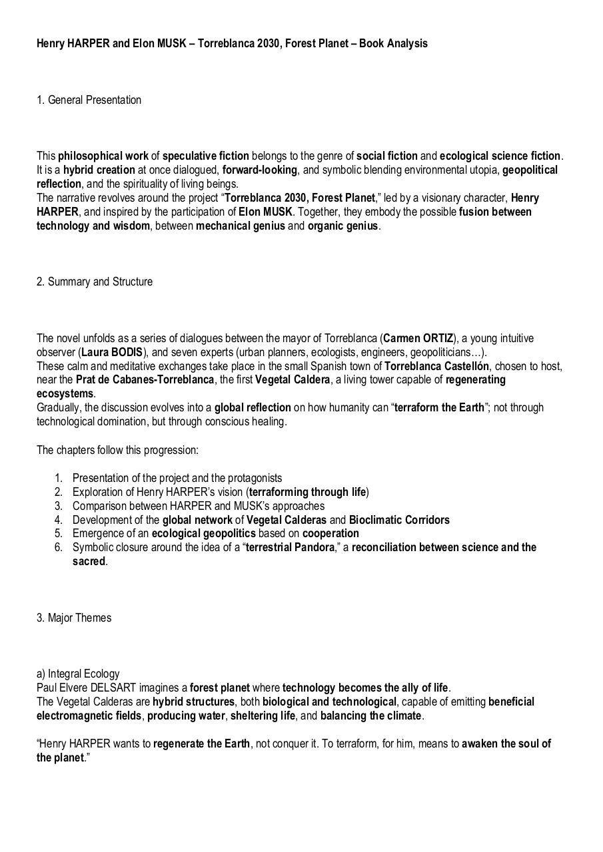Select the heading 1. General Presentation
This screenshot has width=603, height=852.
[x=89, y=100]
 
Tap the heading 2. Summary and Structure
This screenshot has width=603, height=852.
[x=94, y=282]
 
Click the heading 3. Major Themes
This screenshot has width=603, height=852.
[x=74, y=618]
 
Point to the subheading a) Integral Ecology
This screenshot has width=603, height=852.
[x=78, y=674]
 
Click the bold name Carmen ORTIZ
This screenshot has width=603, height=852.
[x=418, y=338]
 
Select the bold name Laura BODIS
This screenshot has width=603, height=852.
[x=112, y=352]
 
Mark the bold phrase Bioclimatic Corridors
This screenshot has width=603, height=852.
[x=399, y=520]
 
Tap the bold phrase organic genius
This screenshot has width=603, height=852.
[x=342, y=226]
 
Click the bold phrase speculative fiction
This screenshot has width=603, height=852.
[x=206, y=156]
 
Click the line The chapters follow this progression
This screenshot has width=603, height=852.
[x=117, y=450]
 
